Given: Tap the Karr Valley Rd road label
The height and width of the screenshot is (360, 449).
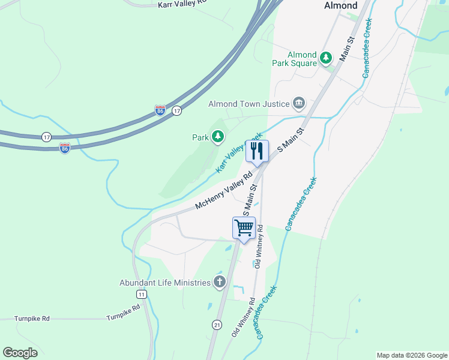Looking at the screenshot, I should click(181, 4).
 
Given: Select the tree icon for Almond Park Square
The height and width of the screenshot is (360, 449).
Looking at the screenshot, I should click(326, 58).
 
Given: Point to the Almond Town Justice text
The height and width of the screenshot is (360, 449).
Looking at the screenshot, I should click(249, 104).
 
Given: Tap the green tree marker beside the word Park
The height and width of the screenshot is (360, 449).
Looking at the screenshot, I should click(217, 137).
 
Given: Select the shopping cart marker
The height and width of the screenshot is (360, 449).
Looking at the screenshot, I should click(244, 228).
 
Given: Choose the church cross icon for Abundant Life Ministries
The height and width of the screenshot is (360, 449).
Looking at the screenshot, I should click(220, 282).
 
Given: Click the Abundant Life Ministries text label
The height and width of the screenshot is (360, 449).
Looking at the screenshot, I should click(165, 283).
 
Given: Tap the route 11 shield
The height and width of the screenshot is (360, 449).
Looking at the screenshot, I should click(141, 294).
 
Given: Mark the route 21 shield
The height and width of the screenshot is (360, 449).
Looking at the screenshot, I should click(216, 324).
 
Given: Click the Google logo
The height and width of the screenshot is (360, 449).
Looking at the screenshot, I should click(20, 353).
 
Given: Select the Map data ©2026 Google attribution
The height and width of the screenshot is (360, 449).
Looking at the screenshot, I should click(412, 355).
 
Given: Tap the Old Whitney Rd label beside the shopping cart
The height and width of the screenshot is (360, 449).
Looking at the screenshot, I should click(260, 247).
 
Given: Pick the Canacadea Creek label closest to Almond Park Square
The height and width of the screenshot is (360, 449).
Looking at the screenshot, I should click(367, 47).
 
